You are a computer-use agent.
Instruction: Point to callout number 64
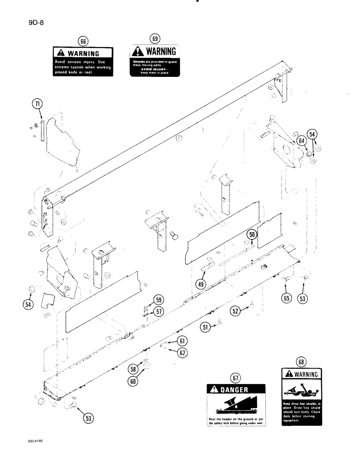[302, 139]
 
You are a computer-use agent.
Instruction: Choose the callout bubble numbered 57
[159, 312]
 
